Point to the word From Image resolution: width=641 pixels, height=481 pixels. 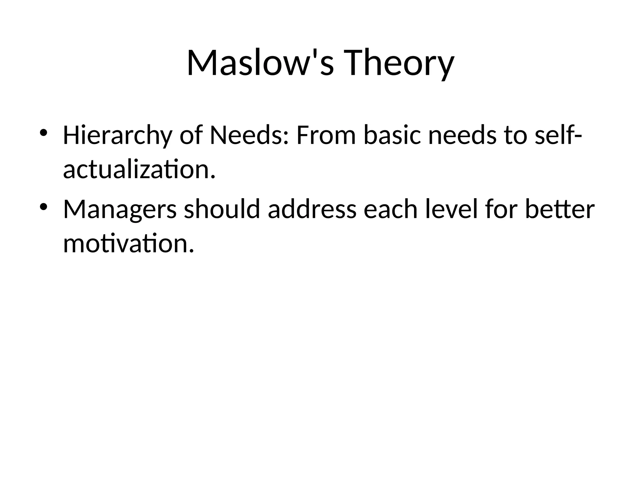[326, 136]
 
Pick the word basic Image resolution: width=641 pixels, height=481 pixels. [392, 136]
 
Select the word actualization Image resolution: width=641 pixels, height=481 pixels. [139, 169]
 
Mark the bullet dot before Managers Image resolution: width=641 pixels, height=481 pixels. [43, 207]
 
